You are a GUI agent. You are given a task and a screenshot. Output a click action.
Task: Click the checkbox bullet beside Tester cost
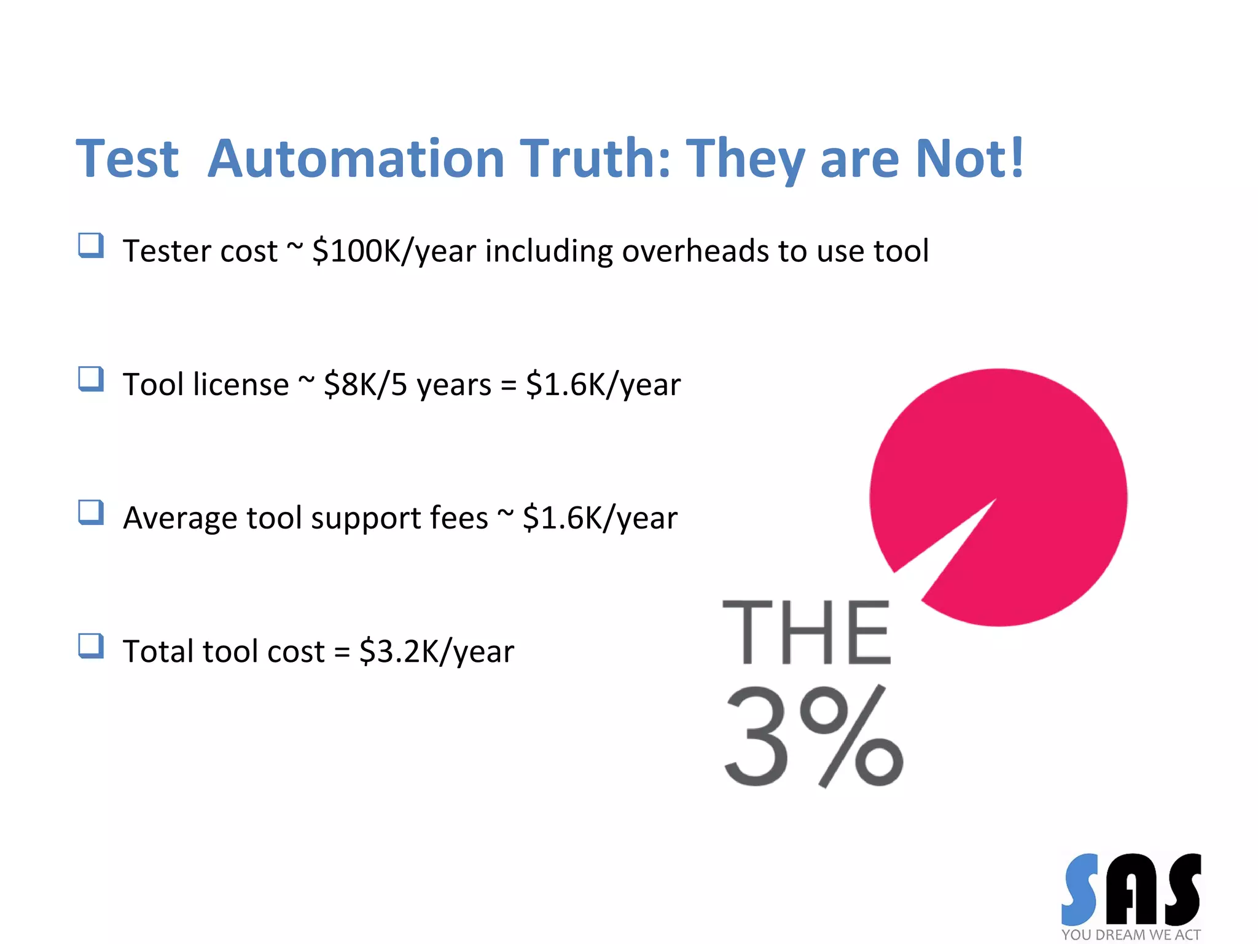tap(91, 246)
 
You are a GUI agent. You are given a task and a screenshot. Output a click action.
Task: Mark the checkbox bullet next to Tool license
tap(91, 379)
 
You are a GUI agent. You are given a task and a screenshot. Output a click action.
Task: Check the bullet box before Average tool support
tap(91, 513)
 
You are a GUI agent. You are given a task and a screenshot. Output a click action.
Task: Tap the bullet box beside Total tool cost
tap(91, 646)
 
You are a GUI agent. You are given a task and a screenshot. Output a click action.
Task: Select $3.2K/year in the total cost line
tap(437, 651)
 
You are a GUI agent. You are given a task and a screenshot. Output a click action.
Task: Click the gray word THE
tap(806, 633)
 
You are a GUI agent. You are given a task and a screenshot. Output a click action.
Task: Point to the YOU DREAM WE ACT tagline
tap(1131, 935)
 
